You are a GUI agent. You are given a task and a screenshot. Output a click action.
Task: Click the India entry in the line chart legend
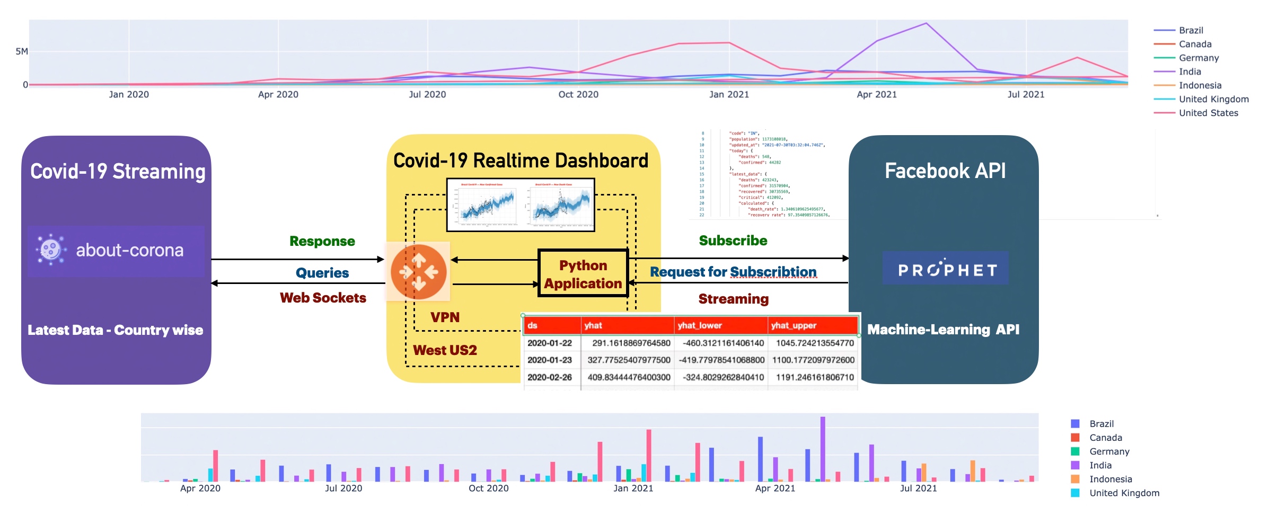coord(1189,72)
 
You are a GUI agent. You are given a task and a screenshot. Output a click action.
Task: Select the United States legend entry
coord(1208,113)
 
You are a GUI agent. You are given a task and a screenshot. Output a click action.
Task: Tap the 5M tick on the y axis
coord(21,51)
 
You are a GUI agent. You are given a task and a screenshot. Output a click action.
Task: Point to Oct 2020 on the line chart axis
coord(578,94)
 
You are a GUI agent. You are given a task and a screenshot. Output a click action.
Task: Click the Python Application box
coord(583,274)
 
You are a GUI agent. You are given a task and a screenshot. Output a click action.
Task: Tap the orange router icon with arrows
coord(418,271)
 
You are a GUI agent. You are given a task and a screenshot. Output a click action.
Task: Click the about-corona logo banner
coord(116,251)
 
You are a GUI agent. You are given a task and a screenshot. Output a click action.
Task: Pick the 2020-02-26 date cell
coord(550,377)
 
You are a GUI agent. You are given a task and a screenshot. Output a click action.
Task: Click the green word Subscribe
coord(733,241)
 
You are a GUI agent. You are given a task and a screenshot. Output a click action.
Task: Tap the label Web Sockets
coord(323,298)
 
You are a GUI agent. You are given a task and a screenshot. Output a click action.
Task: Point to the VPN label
coord(445,317)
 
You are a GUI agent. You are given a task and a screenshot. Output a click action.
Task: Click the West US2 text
coord(445,350)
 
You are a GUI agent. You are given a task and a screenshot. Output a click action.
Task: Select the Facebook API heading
coord(945,171)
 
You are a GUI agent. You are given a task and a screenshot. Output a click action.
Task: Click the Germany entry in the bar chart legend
coord(1109,451)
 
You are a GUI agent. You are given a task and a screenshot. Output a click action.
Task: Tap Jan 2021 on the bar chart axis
coord(633,488)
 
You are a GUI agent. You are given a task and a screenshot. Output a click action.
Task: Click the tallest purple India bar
coord(823,448)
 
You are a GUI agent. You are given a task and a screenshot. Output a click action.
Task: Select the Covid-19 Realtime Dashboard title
coord(521,161)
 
